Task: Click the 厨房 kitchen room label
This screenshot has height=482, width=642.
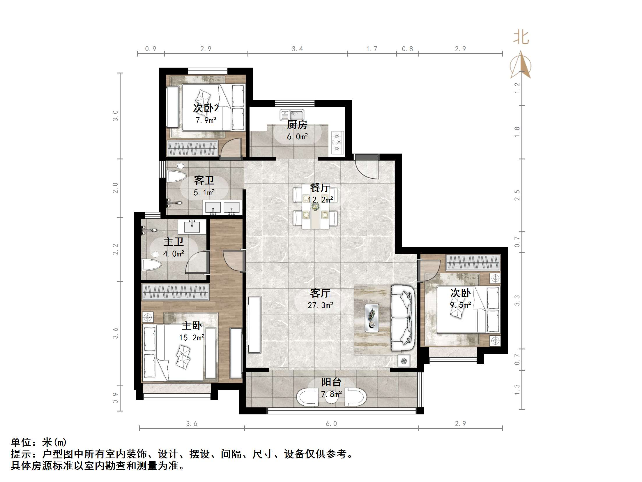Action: coord(297,125)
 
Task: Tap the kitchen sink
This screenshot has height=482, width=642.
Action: coord(292,115)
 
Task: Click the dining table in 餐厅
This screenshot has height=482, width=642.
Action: coord(315,207)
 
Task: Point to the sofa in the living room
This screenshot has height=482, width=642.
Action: coord(403,318)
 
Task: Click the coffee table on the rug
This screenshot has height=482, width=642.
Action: coord(372,318)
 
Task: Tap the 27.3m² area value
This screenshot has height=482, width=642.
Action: coord(320,305)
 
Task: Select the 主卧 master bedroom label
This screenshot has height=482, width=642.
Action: coord(192,326)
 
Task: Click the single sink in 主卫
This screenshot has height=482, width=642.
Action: coord(192,227)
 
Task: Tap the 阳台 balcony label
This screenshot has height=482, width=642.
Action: coord(331,382)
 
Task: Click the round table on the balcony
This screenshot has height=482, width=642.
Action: coord(331,397)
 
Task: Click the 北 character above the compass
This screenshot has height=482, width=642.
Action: coord(521,38)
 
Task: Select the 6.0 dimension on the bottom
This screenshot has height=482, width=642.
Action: coord(331,423)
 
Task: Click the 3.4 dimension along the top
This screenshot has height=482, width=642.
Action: coord(297,49)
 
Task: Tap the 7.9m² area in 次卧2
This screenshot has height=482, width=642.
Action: coord(206,120)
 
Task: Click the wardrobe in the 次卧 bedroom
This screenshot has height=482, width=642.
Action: coord(473,262)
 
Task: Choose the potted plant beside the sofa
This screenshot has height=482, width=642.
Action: coord(404,361)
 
